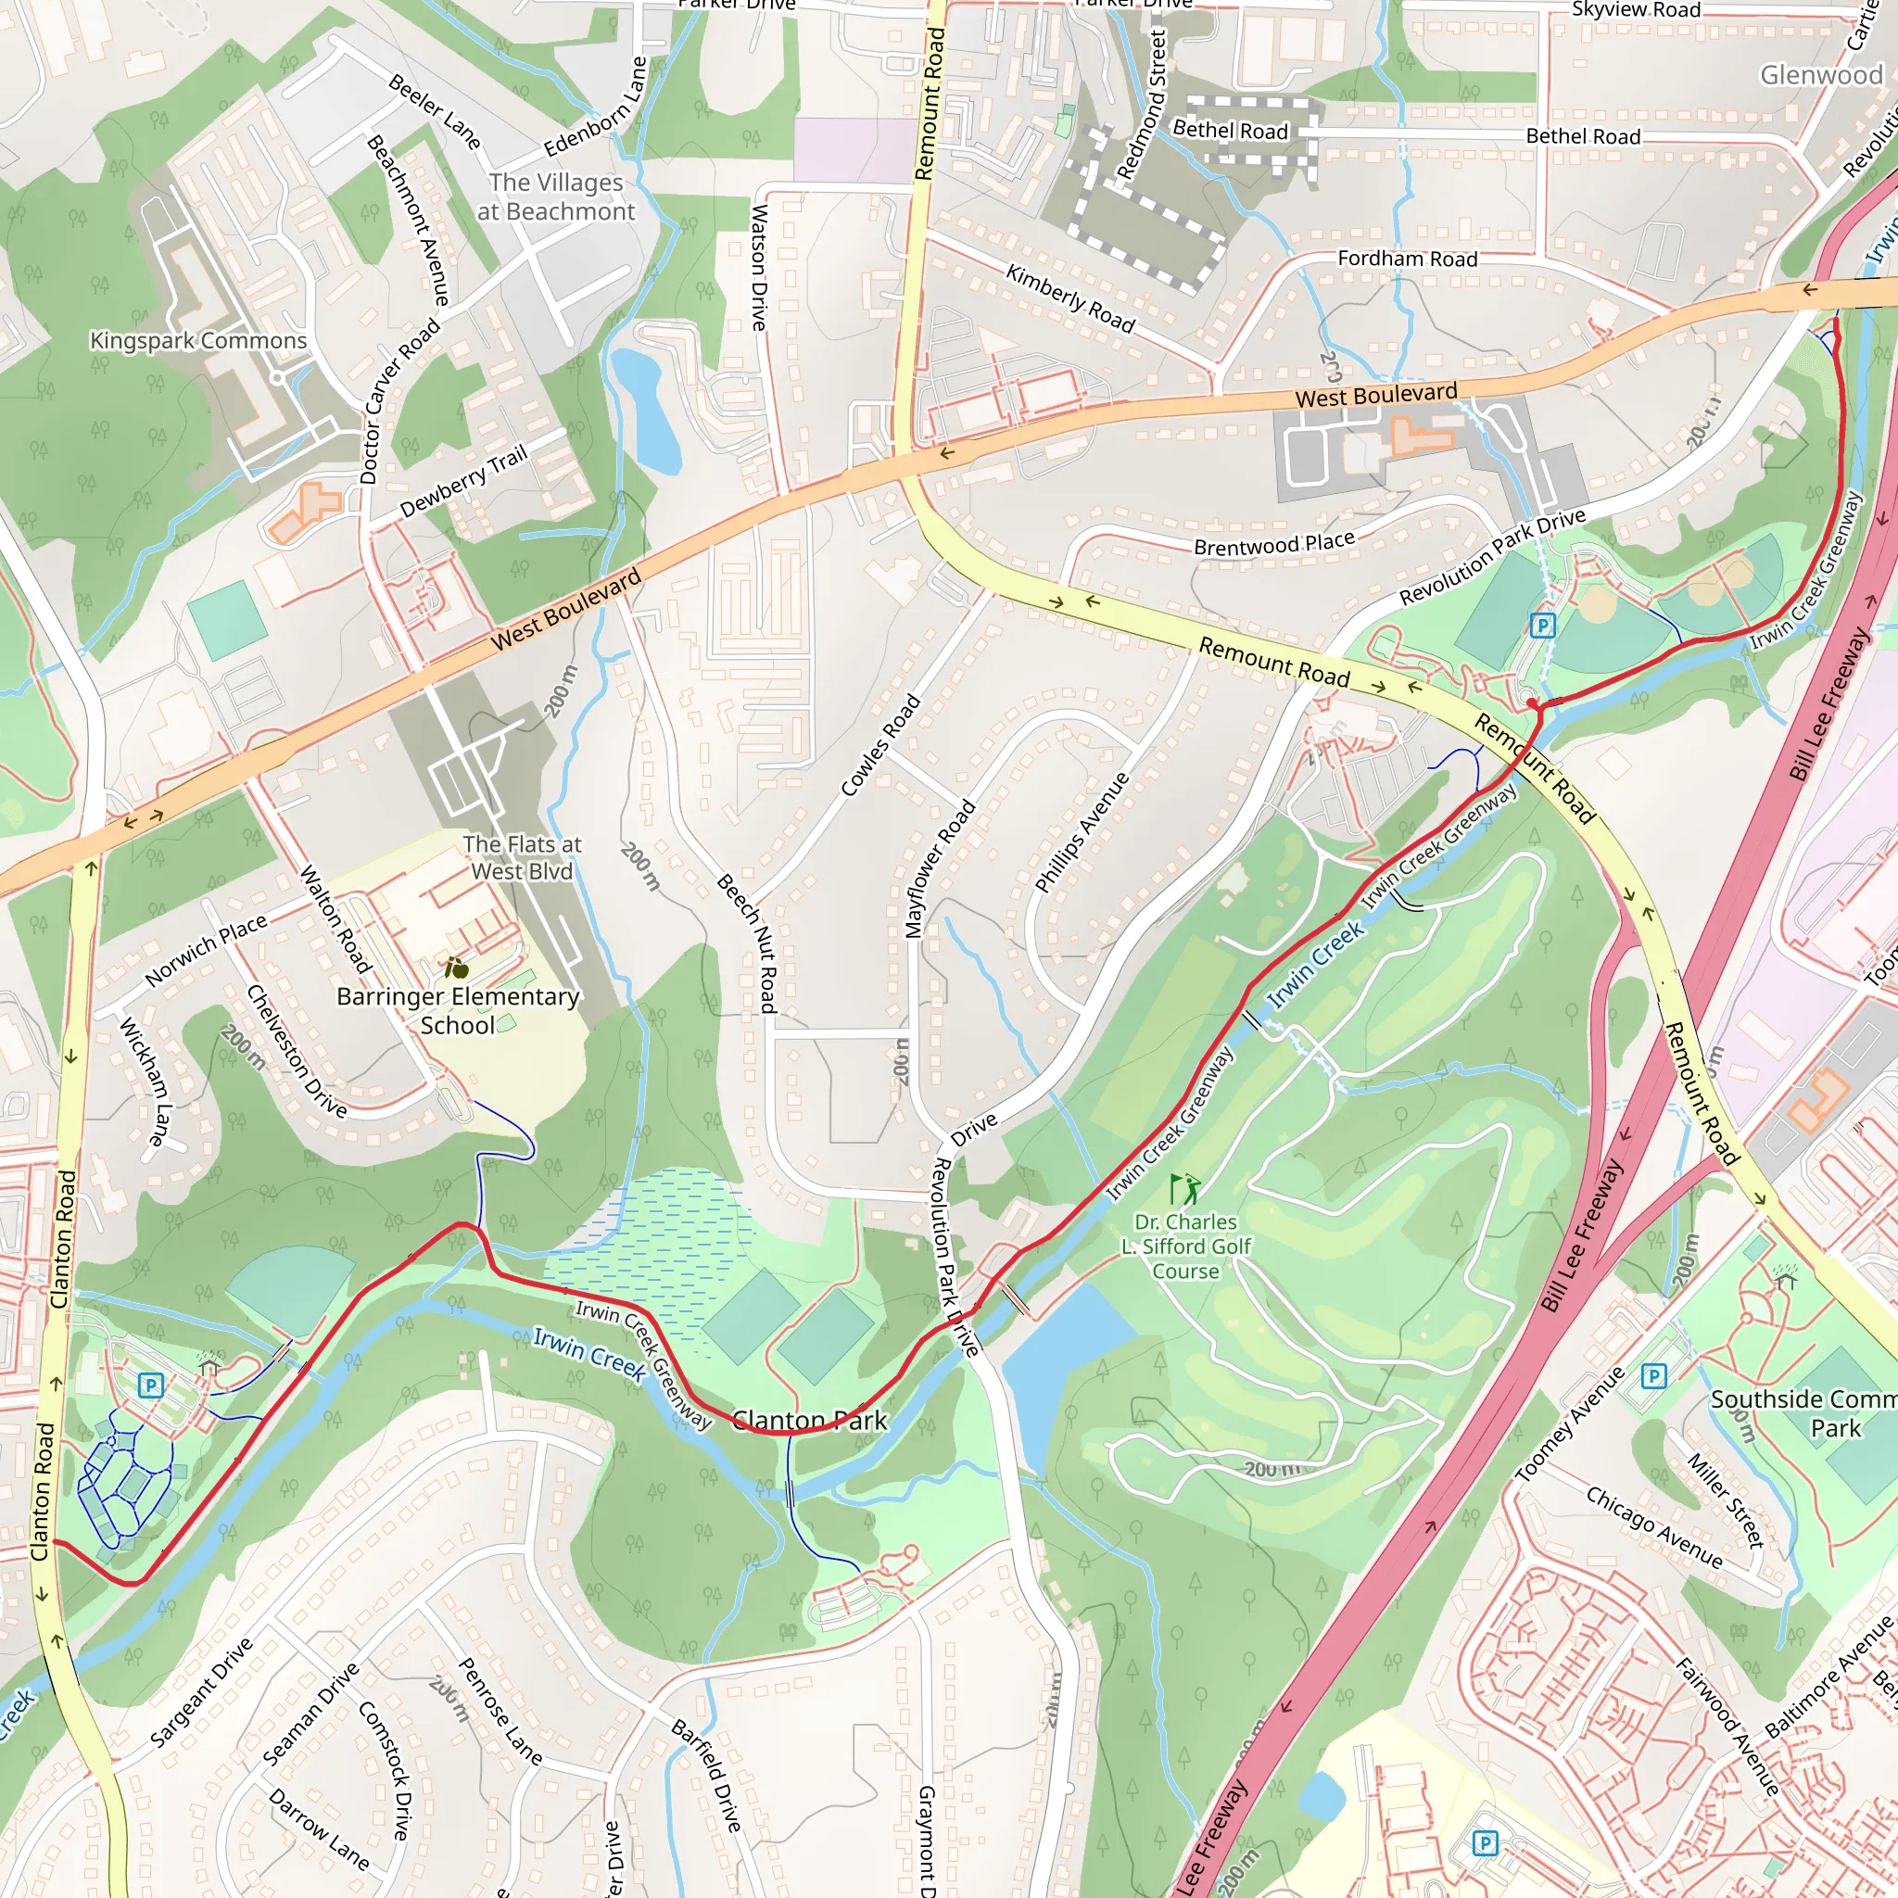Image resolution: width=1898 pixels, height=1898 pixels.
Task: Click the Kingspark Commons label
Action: click(x=198, y=341)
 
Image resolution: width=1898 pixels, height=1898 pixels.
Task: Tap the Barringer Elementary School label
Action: click(x=458, y=1011)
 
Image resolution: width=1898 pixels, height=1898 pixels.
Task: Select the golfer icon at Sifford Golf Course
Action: click(x=1184, y=1190)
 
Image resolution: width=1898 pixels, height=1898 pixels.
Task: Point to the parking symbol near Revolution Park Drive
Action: click(x=1542, y=625)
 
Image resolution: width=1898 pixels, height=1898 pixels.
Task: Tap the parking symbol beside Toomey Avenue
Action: click(x=1654, y=1376)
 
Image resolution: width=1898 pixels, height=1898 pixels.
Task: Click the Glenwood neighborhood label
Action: click(x=1820, y=75)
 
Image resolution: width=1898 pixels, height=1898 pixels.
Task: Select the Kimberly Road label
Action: click(x=1069, y=298)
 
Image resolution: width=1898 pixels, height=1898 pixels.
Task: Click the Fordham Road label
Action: click(x=1407, y=259)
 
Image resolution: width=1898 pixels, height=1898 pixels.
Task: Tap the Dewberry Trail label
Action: click(x=464, y=480)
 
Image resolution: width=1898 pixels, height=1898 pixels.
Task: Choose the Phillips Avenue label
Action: click(x=1082, y=833)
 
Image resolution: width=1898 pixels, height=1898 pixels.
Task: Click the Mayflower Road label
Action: click(x=939, y=869)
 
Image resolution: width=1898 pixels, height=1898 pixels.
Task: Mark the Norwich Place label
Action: click(x=207, y=950)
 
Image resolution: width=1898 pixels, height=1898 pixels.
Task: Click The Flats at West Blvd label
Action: click(x=522, y=857)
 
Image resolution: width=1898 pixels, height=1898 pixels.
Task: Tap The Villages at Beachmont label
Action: click(x=556, y=196)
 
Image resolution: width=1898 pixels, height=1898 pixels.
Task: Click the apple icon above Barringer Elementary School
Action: click(x=456, y=968)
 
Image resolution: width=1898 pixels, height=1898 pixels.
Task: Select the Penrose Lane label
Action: click(x=500, y=1711)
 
